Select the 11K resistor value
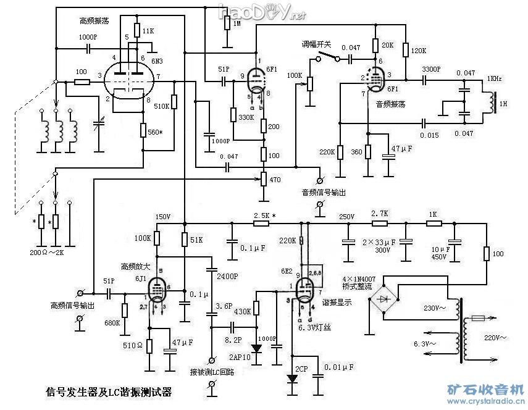click(x=148, y=30)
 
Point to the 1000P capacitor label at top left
click(x=88, y=37)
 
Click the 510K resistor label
click(x=161, y=106)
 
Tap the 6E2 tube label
click(x=286, y=271)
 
